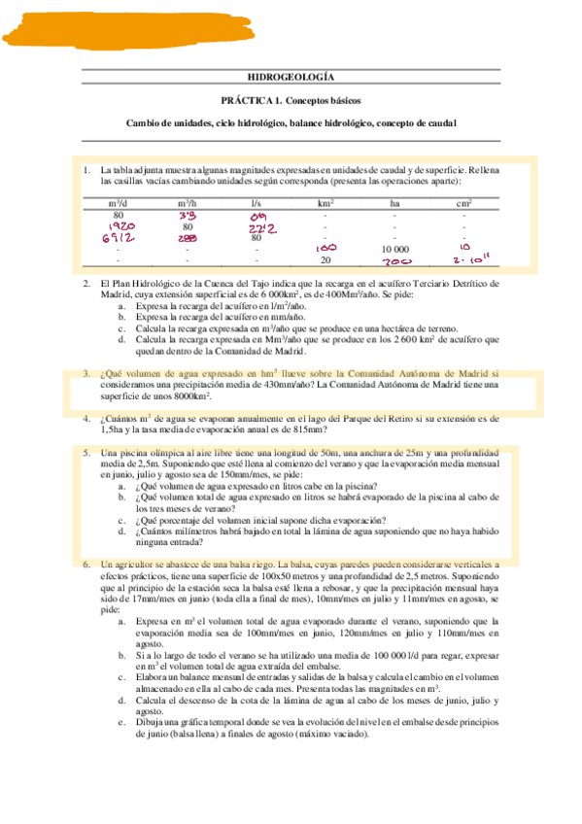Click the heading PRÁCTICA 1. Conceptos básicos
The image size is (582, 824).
(x=291, y=102)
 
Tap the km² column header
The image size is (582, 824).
(x=325, y=202)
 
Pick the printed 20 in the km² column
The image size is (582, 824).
(x=325, y=260)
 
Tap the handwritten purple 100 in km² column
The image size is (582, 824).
(x=326, y=249)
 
